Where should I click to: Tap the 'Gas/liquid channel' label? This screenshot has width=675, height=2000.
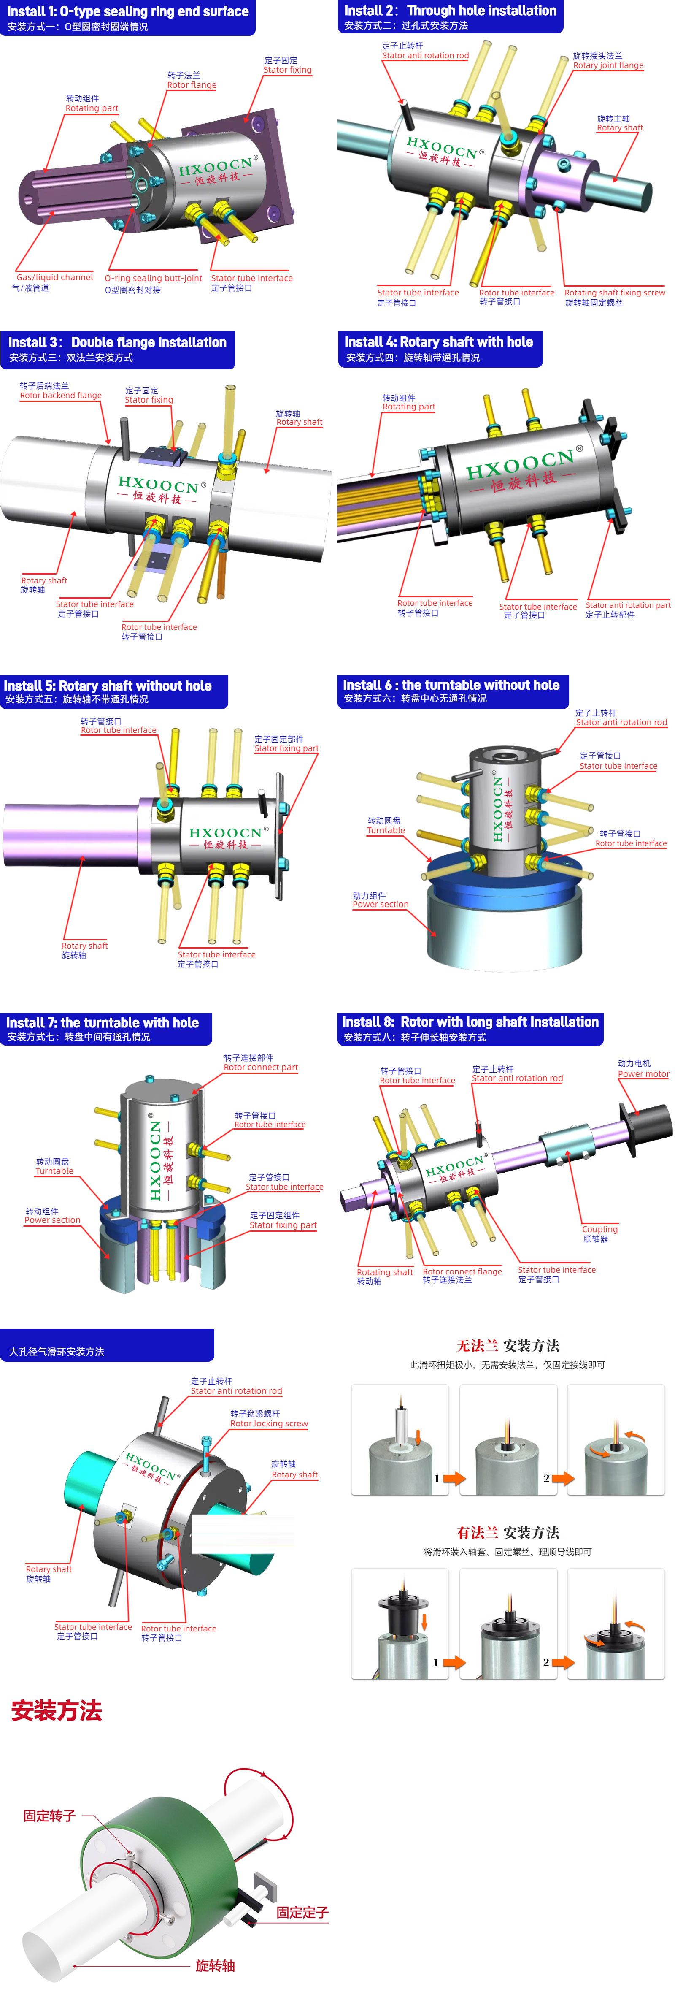[54, 277]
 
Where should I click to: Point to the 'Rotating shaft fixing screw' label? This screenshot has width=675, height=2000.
[615, 293]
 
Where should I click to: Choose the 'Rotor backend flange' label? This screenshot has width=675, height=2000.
[60, 395]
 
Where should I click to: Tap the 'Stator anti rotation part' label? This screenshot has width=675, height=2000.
[628, 605]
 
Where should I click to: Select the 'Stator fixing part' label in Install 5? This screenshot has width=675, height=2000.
[286, 748]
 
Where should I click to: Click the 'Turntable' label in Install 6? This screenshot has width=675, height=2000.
[386, 830]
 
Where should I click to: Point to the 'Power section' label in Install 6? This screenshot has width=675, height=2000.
[380, 904]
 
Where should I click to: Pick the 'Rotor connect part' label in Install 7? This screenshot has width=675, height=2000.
[261, 1067]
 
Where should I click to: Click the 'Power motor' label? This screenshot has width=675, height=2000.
[643, 1074]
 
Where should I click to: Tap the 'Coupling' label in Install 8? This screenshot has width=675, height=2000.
[600, 1229]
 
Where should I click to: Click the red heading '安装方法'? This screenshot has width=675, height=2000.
[57, 1710]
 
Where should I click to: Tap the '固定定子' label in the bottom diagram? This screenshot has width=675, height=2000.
[302, 1912]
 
